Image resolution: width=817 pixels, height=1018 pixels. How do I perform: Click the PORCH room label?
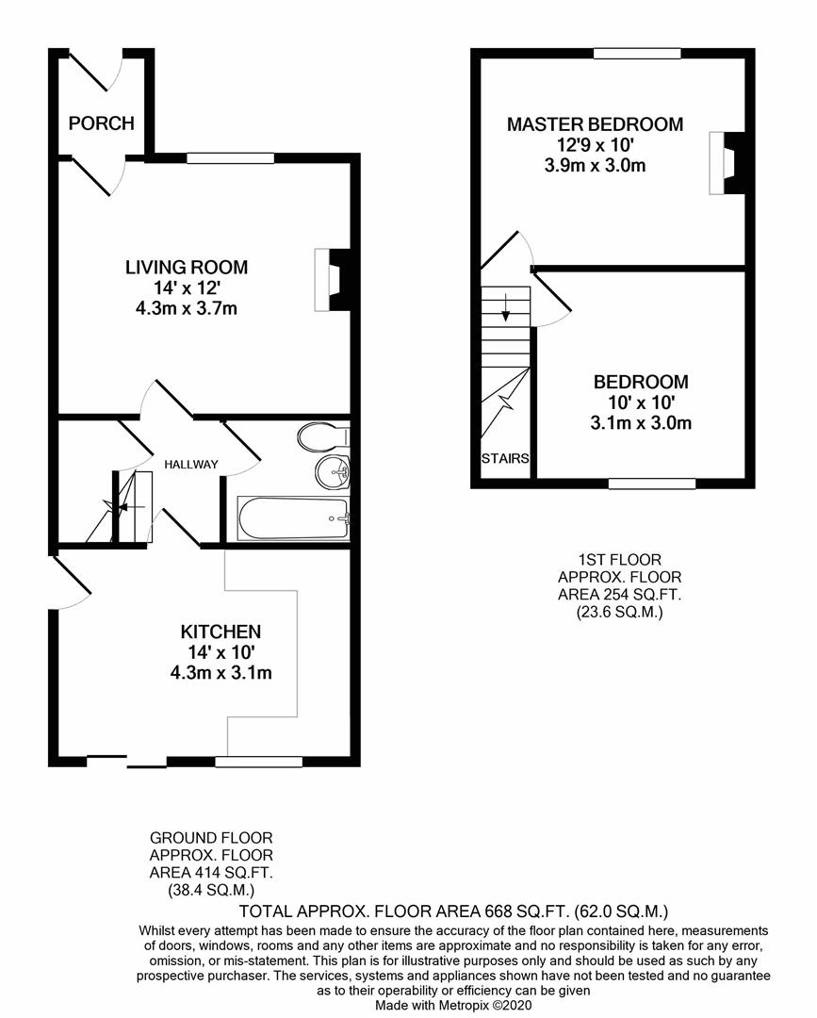(x=101, y=123)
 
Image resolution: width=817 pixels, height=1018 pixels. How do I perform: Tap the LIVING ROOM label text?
(x=187, y=267)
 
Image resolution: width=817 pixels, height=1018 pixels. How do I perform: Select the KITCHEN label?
(x=221, y=632)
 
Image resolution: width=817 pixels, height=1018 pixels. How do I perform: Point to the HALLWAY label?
(x=190, y=464)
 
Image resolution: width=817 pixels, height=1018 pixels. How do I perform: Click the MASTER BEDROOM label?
(x=595, y=124)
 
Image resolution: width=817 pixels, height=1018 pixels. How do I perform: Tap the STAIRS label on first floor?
(x=505, y=458)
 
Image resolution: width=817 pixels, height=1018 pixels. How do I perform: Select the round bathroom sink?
(x=333, y=470)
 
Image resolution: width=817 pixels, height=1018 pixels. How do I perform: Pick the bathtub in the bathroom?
(x=293, y=518)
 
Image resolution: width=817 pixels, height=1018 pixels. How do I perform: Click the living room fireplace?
(x=332, y=280)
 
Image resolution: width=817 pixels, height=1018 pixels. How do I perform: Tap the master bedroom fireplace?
(x=727, y=163)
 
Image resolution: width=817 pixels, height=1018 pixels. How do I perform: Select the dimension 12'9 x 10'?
(x=595, y=144)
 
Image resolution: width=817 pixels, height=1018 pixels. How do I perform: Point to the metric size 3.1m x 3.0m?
(x=641, y=423)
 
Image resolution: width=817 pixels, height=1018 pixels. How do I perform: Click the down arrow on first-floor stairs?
(x=505, y=307)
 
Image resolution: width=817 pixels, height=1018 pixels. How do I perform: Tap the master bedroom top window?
(x=637, y=54)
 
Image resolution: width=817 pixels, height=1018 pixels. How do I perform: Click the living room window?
(x=230, y=157)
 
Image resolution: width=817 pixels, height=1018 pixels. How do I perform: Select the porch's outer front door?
(x=96, y=70)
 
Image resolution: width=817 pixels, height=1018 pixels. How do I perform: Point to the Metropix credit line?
(x=453, y=1005)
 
